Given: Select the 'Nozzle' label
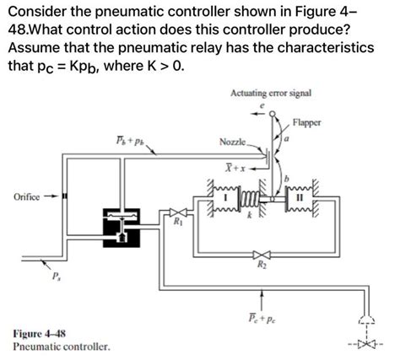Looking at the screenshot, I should coord(233,143).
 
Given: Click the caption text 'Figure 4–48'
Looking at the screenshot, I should coord(41,333).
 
